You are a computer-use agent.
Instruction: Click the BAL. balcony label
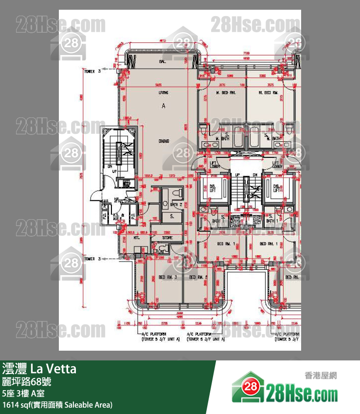[162, 62]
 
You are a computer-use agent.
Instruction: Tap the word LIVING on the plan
[163, 92]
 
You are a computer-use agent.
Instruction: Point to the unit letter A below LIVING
[163, 105]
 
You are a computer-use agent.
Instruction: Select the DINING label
[163, 141]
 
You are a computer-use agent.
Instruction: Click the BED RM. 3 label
[166, 277]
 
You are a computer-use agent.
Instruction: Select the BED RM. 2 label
[198, 277]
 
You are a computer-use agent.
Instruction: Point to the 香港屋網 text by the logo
[321, 376]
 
